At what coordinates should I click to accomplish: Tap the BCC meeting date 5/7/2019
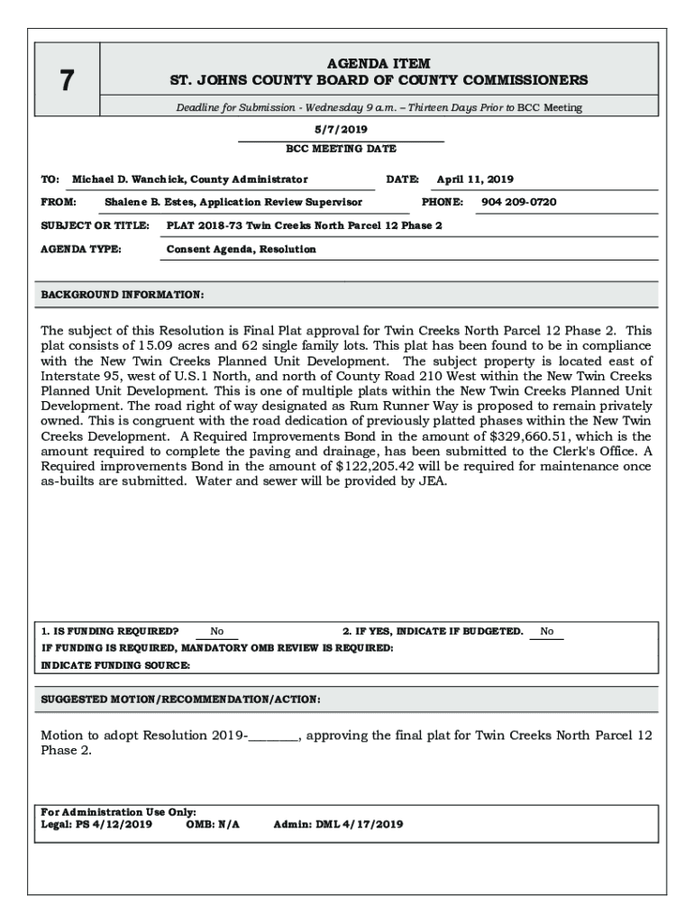341,130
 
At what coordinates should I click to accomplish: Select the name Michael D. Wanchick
126,179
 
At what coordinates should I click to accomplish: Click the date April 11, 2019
475,179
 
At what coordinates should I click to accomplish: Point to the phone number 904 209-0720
519,202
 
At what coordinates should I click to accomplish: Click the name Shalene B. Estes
146,202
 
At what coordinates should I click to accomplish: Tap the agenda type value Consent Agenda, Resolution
242,249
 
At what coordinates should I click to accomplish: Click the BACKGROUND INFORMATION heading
123,295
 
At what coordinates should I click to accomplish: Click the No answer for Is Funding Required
217,632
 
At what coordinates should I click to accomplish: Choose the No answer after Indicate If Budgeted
547,632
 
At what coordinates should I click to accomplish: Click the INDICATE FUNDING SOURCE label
116,665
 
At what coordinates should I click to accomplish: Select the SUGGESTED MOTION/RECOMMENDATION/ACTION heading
181,699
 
